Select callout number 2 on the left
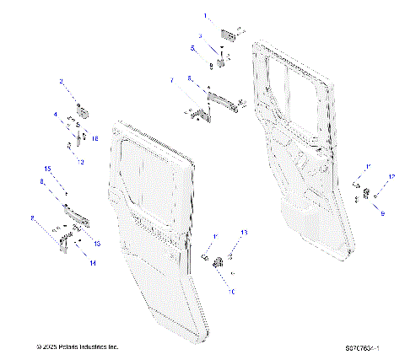pos(61,82)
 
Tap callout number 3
pos(201,35)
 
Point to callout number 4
pos(57,114)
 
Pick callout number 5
pos(192,49)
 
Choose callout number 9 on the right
pos(382,215)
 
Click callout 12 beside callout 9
pos(391,176)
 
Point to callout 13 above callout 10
pos(245,232)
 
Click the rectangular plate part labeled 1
pos(227,33)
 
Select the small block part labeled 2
pos(84,110)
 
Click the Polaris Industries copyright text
pos(76,347)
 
